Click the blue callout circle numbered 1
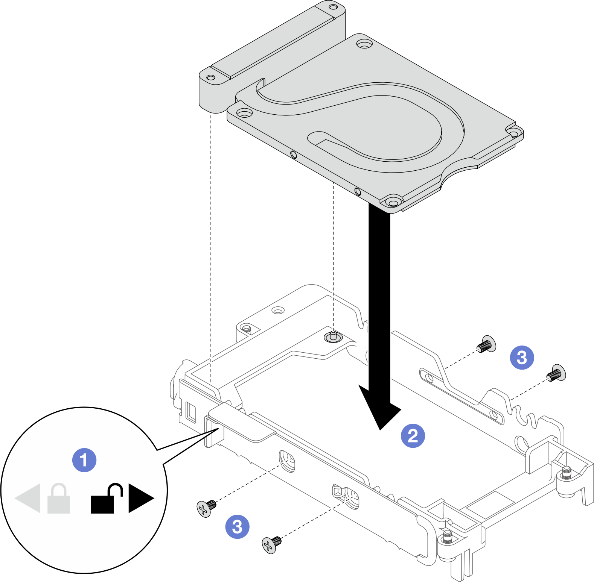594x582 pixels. (84, 460)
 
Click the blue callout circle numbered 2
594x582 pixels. (413, 436)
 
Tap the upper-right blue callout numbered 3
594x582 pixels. (522, 358)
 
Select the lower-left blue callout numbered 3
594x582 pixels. (237, 526)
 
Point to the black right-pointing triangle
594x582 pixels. (140, 499)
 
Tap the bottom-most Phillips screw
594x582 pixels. (270, 545)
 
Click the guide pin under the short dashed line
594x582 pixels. (333, 336)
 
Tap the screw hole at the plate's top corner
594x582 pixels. (363, 44)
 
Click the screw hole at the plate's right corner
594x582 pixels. (514, 132)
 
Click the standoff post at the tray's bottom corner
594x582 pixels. (447, 537)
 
